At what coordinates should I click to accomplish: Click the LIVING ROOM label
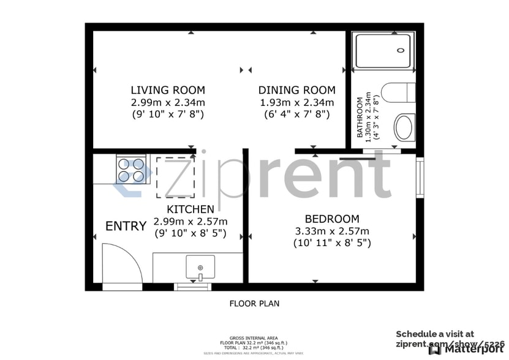[168, 90]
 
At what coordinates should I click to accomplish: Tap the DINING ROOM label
[296, 90]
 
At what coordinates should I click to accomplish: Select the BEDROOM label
[332, 219]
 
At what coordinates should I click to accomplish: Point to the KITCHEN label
[190, 209]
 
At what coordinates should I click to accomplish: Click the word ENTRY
[126, 226]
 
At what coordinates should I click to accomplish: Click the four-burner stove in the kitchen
[131, 170]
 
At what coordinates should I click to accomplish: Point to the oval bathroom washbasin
[404, 127]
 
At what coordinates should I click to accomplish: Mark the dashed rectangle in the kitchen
[176, 177]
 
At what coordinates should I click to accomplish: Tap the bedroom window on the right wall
[420, 178]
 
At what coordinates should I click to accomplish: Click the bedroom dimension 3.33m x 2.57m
[332, 231]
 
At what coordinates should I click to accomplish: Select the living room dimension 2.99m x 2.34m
[168, 102]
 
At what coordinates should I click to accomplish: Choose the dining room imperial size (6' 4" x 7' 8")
[296, 114]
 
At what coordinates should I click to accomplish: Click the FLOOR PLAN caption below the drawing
[254, 303]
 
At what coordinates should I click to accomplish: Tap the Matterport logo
[467, 350]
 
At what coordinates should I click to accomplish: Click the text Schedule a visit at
[434, 334]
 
